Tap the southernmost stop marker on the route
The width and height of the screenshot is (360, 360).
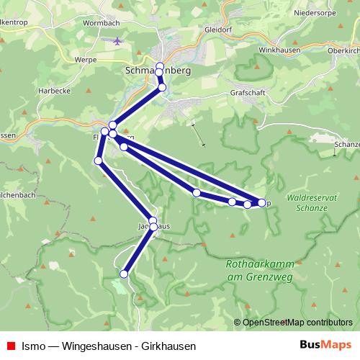124,274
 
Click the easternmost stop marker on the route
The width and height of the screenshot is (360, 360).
261,202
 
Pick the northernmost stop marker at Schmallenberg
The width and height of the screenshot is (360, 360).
160,66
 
